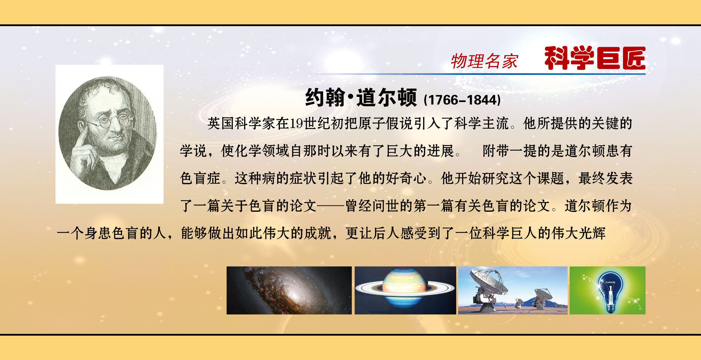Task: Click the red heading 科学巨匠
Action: (x=595, y=58)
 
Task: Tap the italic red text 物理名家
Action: (x=484, y=61)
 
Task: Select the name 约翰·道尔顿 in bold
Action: (x=361, y=97)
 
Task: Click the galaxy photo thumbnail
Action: (x=289, y=290)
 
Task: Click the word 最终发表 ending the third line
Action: (x=605, y=178)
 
